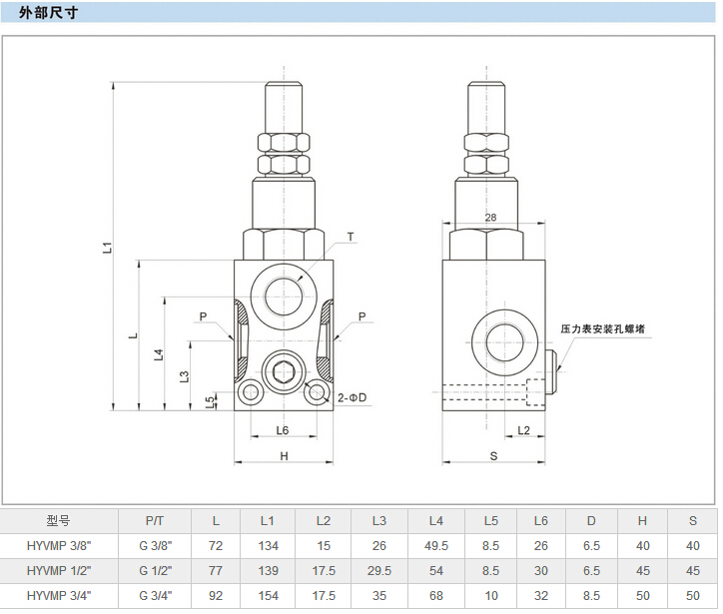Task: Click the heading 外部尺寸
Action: click(x=49, y=13)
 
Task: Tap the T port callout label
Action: click(x=351, y=238)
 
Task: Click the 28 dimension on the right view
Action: click(x=490, y=218)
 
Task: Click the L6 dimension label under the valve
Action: click(x=283, y=430)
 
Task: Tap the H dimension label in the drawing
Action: click(x=284, y=456)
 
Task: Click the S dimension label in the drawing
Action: click(x=494, y=456)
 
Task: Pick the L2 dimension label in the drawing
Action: click(x=525, y=430)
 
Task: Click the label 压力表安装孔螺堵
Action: click(x=602, y=328)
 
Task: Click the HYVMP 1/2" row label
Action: click(x=58, y=570)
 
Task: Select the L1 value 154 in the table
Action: click(x=267, y=595)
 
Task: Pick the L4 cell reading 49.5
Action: click(x=435, y=545)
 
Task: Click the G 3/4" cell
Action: click(x=155, y=595)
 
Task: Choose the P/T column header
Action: click(x=155, y=520)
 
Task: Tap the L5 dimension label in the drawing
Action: click(x=210, y=401)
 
